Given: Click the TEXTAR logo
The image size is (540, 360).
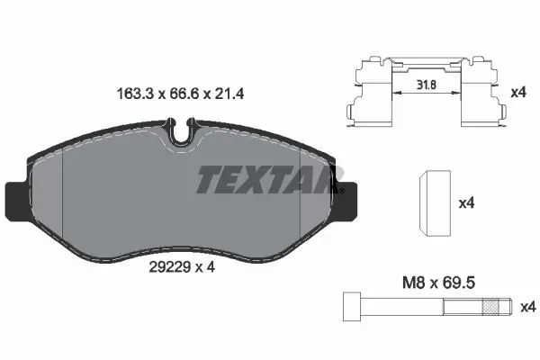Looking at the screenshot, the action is [269, 179].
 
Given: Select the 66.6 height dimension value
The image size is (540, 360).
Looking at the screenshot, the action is [184, 94].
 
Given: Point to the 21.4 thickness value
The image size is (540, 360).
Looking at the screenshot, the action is [229, 94].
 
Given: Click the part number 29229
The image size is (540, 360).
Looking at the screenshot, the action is [170, 267].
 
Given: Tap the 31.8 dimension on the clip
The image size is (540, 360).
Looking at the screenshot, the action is [427, 85].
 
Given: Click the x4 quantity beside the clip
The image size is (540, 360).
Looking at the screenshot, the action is [518, 93].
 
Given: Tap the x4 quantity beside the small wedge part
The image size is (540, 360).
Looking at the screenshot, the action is [466, 203].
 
